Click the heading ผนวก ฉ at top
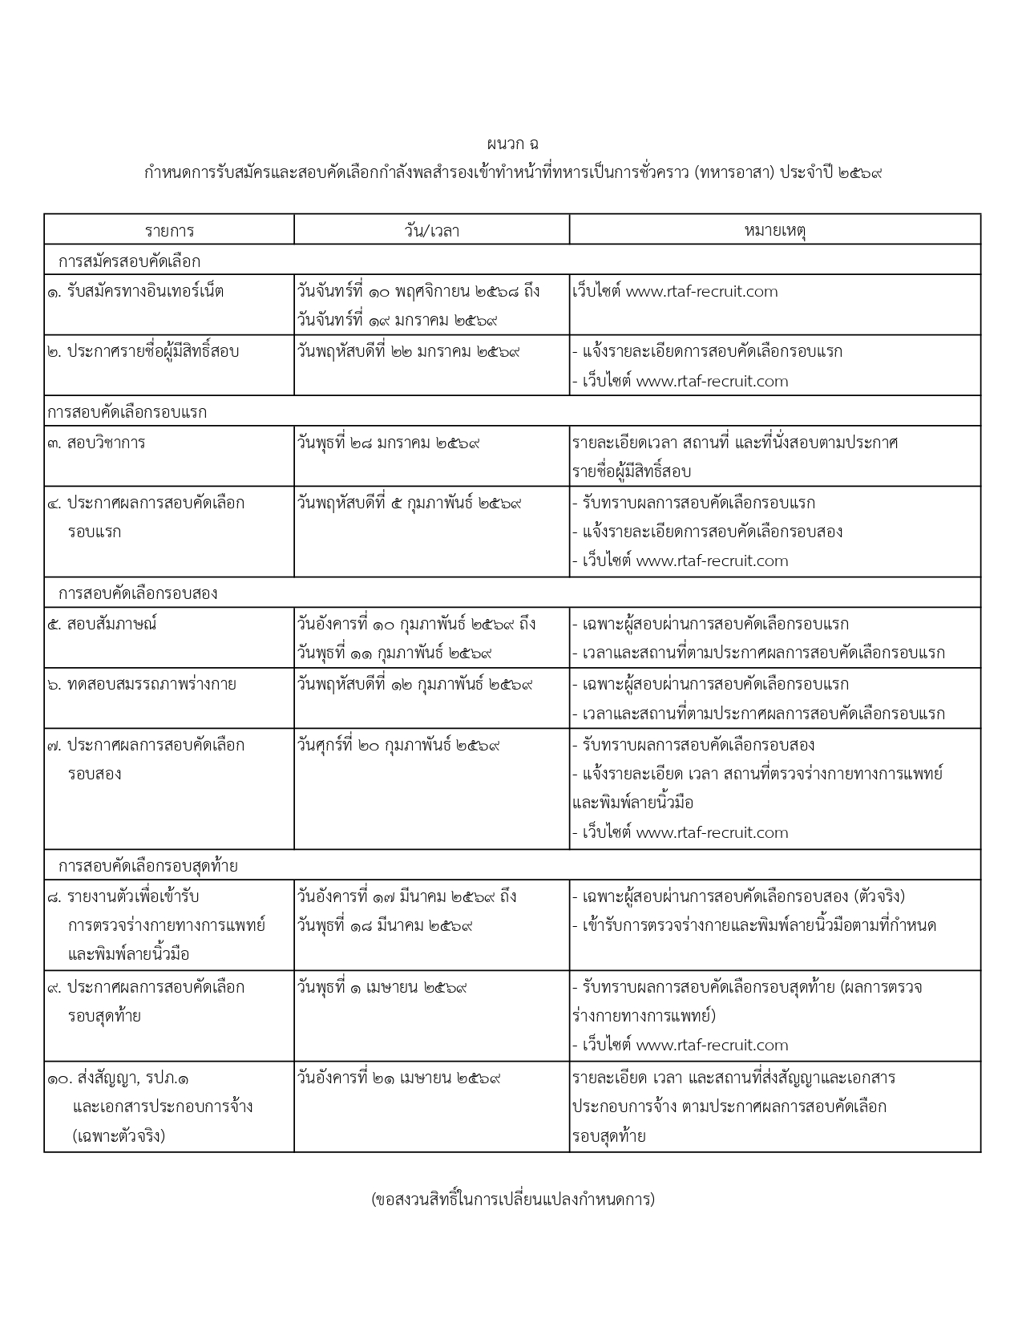pos(511,144)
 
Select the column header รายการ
pos(169,231)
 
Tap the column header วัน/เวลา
pos(431,231)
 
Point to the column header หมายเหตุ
pos(774,231)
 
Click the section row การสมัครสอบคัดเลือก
pos(129,261)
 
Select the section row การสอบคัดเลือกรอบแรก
pos(127,412)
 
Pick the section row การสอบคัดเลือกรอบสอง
pos(138,593)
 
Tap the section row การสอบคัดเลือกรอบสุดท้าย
pos(147,866)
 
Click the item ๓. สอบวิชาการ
pos(96,443)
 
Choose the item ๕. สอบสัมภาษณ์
pos(102,624)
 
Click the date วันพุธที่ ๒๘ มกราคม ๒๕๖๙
pos(389,443)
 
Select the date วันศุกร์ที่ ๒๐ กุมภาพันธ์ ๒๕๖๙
pos(398,745)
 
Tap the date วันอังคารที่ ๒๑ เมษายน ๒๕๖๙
pos(399,1078)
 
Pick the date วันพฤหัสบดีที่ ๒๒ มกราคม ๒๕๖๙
pos(409,351)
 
